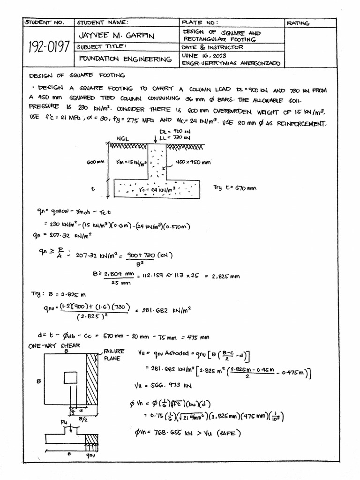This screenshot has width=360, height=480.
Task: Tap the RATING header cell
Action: click(x=298, y=23)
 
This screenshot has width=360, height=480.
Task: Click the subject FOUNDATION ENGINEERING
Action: click(x=125, y=59)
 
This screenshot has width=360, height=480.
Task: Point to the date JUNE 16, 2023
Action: click(x=200, y=55)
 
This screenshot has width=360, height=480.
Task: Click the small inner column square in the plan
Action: click(x=70, y=378)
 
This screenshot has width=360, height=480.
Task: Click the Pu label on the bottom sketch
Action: click(x=65, y=422)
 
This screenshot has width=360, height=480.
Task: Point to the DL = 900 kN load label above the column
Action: click(x=173, y=132)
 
